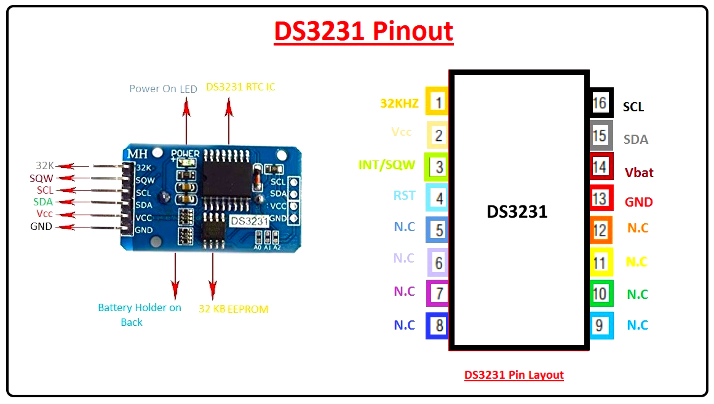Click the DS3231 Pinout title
(363, 31)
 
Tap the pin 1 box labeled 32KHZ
(437, 102)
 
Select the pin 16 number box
(600, 103)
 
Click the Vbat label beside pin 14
(639, 173)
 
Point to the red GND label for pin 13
(638, 202)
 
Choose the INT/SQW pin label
(386, 165)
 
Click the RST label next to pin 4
(405, 196)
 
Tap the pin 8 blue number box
(438, 325)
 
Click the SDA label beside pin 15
(635, 140)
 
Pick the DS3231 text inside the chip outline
(517, 212)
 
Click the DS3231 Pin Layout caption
(514, 375)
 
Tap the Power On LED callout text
(163, 89)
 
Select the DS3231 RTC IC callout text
(240, 87)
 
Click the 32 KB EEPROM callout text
(233, 309)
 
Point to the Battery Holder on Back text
(140, 314)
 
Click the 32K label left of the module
(45, 165)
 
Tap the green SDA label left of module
(43, 202)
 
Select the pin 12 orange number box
(600, 230)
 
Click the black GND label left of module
(41, 226)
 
